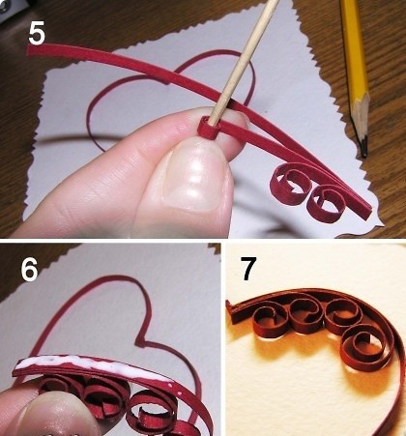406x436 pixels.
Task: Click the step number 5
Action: point(37,34)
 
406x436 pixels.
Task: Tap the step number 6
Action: point(29,270)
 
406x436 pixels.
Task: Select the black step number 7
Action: point(248,269)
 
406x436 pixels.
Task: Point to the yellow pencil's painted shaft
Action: point(354,46)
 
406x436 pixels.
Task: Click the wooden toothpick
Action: point(244,61)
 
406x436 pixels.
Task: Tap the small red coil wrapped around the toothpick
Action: point(208,128)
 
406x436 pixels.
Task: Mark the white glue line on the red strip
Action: point(94,366)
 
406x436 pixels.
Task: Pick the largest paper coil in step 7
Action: point(362,347)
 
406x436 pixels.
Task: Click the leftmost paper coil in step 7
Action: point(270,322)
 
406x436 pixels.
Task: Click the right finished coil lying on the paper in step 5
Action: point(327,204)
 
